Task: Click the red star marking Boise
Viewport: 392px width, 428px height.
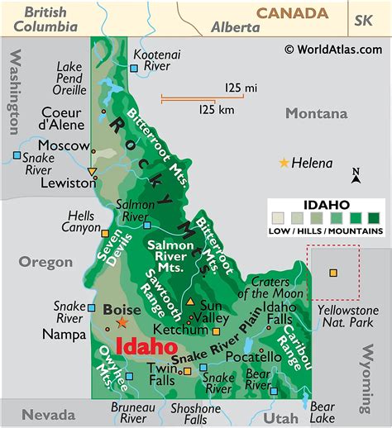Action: coord(123,322)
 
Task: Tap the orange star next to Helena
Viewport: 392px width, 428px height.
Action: coord(285,163)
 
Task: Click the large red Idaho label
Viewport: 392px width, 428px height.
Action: coord(147,348)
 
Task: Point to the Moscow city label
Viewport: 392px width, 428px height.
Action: coord(63,145)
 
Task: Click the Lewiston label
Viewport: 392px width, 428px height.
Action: coord(63,182)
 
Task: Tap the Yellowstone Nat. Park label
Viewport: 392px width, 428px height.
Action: coord(342,316)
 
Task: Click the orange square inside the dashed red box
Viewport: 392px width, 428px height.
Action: coord(333,273)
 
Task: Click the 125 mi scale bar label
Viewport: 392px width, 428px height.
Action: coord(239,87)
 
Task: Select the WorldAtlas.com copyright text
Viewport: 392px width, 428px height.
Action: coord(334,49)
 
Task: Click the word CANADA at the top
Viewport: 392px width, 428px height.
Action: coord(292,12)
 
